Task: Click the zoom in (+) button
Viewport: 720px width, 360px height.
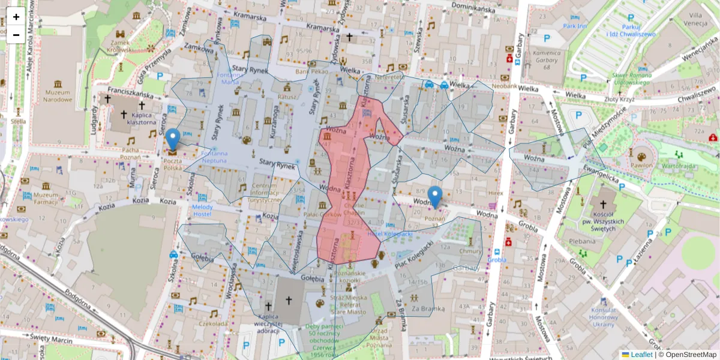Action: click(x=16, y=17)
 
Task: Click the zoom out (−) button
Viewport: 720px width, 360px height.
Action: click(x=16, y=35)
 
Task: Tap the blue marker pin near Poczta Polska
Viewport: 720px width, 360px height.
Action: click(x=173, y=139)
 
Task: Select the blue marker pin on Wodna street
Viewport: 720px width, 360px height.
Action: click(x=435, y=196)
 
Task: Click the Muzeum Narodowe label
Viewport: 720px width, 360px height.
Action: click(x=58, y=95)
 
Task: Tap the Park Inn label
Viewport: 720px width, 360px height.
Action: click(x=574, y=26)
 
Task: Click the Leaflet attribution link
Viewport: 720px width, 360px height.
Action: click(x=641, y=355)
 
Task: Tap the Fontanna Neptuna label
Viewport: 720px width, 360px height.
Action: click(x=214, y=157)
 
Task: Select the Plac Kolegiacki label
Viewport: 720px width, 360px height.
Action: click(x=414, y=254)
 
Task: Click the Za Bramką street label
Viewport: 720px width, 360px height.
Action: click(x=427, y=308)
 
